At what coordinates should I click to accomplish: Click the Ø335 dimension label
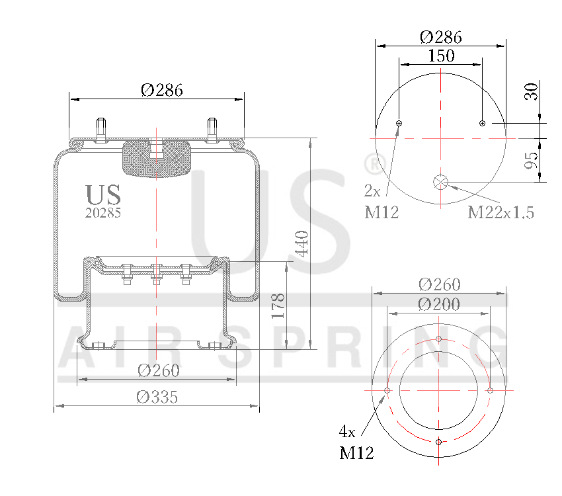[x=157, y=397]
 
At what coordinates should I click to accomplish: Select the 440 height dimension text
[x=301, y=244]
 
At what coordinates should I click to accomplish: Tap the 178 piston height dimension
[x=278, y=306]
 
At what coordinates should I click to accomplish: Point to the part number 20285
[x=103, y=213]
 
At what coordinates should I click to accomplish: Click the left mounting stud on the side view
[x=101, y=129]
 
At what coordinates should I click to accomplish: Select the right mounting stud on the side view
[x=212, y=129]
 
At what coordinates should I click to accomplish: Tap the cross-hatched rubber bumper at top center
[x=157, y=158]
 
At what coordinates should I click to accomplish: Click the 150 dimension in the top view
[x=441, y=56]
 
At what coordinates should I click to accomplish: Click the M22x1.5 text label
[x=501, y=212]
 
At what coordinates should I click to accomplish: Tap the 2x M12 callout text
[x=381, y=202]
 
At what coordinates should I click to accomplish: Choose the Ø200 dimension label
[x=439, y=304]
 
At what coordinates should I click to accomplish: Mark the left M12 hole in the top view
[x=399, y=123]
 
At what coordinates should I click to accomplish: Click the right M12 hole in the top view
[x=482, y=123]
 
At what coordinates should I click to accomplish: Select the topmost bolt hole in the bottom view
[x=439, y=339]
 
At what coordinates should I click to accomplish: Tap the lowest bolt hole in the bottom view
[x=439, y=441]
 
